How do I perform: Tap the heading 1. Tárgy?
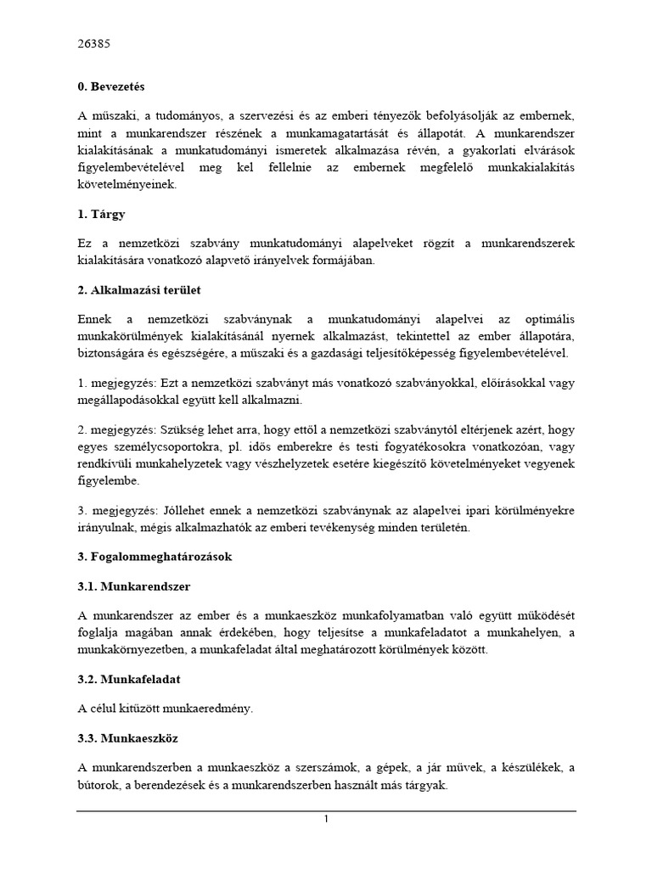[101, 216]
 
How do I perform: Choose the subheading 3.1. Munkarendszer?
[133, 586]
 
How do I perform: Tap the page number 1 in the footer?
[325, 819]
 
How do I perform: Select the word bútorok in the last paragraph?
[98, 786]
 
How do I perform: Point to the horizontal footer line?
[326, 810]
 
